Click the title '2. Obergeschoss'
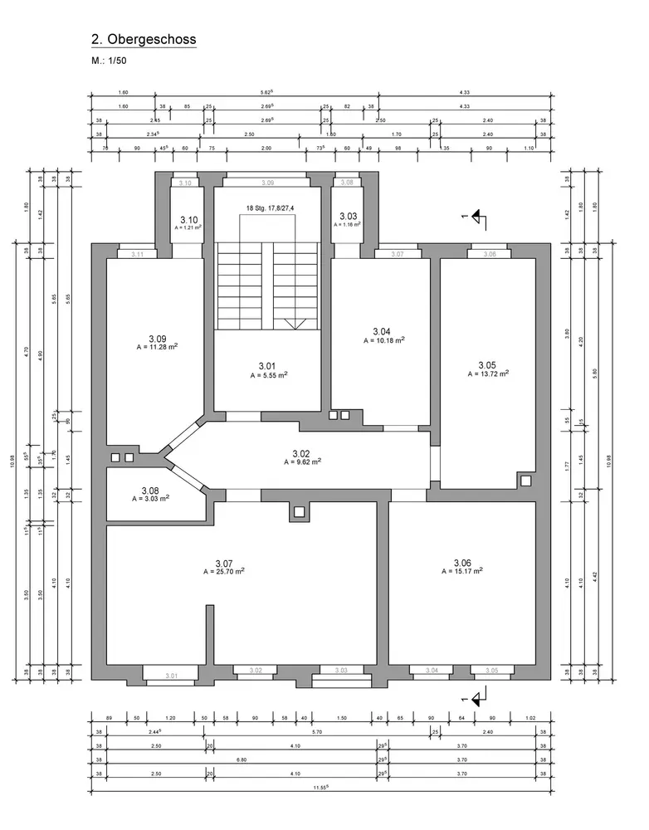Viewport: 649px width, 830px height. [x=144, y=39]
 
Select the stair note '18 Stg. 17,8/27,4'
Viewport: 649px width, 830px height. [x=269, y=207]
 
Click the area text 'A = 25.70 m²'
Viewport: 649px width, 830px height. [x=223, y=572]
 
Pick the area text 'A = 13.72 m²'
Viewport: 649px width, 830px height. [x=487, y=373]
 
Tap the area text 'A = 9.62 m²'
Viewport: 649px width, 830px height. [x=300, y=461]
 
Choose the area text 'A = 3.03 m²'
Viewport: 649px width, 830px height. [x=150, y=499]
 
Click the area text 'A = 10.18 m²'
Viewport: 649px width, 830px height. [x=383, y=340]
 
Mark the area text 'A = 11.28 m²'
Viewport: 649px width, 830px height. [x=157, y=347]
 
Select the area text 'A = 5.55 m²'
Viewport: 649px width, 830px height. [x=268, y=375]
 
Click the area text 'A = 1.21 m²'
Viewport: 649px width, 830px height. [x=186, y=227]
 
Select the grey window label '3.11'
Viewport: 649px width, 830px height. [x=137, y=254]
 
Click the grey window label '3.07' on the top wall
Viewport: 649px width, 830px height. [x=397, y=254]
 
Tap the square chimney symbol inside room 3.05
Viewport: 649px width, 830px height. [x=525, y=480]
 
